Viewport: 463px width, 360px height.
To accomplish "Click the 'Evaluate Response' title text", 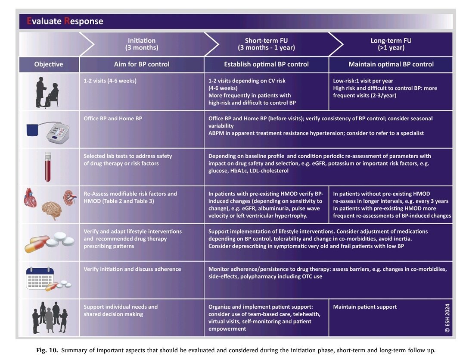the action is [x=65, y=21].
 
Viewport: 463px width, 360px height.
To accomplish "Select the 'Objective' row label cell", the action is [x=49, y=64].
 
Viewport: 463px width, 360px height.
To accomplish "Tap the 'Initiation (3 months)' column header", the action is [x=142, y=44].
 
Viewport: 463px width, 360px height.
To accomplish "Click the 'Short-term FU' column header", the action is [x=266, y=44].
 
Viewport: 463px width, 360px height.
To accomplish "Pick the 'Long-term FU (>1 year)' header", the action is [x=391, y=44].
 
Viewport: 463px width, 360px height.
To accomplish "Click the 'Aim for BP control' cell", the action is [x=142, y=64].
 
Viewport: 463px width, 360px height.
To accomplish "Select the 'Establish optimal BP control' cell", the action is [x=266, y=64].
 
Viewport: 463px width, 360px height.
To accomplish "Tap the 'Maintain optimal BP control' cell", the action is [x=391, y=64].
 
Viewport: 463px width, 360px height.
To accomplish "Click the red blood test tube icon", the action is [x=47, y=167].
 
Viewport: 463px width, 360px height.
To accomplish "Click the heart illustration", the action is [x=31, y=197].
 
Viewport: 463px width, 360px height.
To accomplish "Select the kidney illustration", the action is [x=70, y=197].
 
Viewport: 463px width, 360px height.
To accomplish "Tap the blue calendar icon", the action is [x=40, y=278].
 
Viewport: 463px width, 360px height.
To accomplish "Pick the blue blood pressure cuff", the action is [x=32, y=130].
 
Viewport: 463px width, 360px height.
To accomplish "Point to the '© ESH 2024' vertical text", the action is [x=447, y=318].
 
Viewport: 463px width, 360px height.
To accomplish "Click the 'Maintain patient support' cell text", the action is [x=365, y=307].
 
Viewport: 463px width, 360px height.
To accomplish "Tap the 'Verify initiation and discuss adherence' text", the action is [x=132, y=269].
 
